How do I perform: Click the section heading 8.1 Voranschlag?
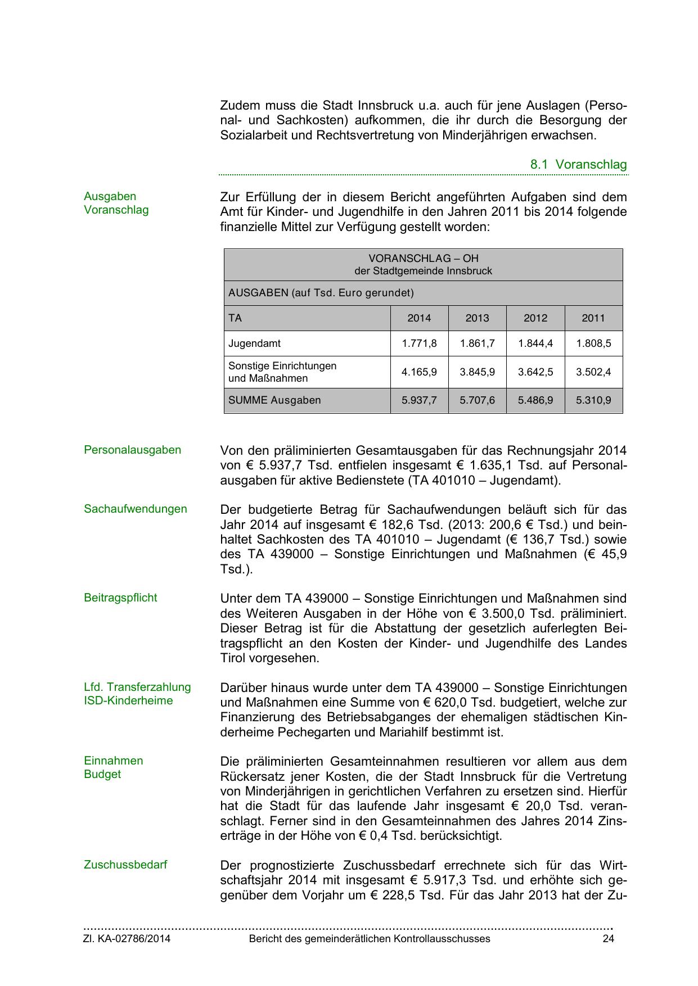[x=578, y=165]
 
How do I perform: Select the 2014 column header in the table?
[x=419, y=318]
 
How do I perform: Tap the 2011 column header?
[x=593, y=318]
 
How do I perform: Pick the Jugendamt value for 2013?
[x=477, y=343]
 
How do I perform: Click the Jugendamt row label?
[x=254, y=343]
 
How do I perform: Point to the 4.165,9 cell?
[x=419, y=372]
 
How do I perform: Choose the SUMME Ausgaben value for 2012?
[x=535, y=400]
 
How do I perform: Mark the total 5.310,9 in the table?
[x=593, y=400]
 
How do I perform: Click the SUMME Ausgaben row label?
[x=274, y=400]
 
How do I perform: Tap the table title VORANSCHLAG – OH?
[x=423, y=259]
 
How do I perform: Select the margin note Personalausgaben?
[x=132, y=450]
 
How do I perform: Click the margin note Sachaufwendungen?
[x=135, y=509]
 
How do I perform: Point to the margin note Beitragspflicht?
[x=120, y=598]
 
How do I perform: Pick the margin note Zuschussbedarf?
[x=125, y=865]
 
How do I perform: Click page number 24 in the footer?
[x=608, y=939]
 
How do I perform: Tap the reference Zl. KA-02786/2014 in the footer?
[x=127, y=939]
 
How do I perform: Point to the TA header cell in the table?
[x=235, y=318]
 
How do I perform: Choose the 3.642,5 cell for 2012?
[x=535, y=372]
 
